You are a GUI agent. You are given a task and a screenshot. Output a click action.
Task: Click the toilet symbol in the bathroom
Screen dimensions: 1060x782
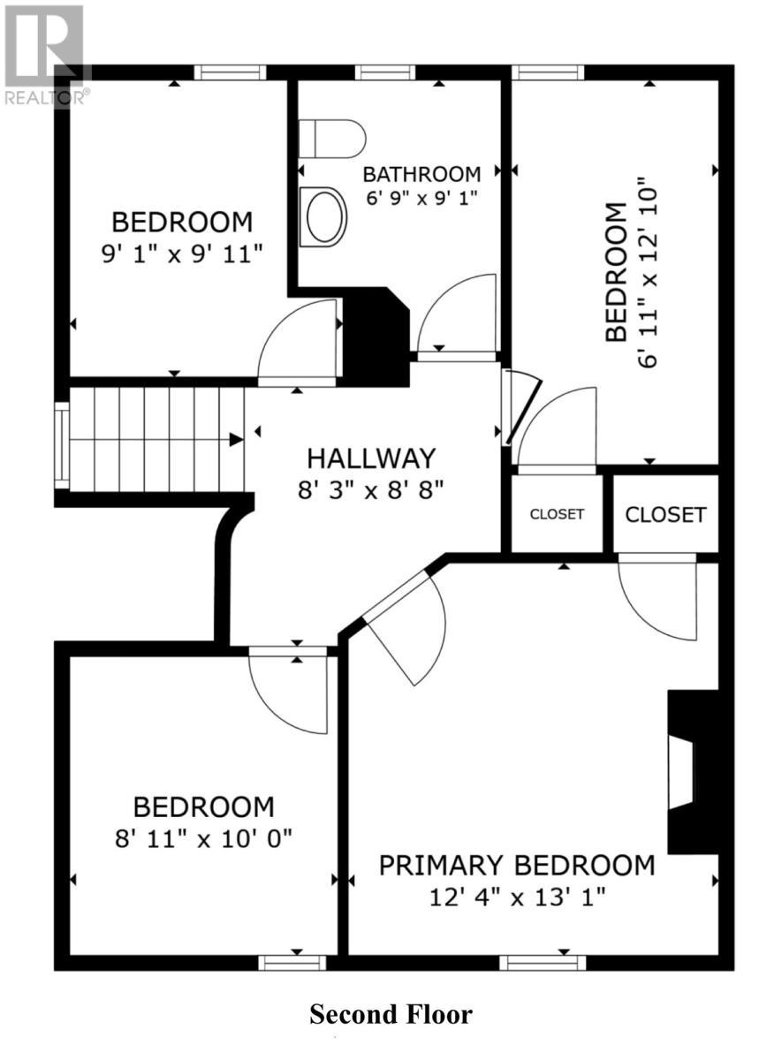click(331, 139)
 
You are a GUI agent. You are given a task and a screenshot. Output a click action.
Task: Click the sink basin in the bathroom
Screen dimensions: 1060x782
click(323, 216)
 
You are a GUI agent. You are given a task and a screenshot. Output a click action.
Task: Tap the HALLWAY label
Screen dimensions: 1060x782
click(371, 458)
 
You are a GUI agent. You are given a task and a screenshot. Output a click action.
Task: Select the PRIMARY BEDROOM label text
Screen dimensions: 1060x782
click(517, 865)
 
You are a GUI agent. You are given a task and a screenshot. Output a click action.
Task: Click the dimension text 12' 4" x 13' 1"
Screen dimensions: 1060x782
click(517, 897)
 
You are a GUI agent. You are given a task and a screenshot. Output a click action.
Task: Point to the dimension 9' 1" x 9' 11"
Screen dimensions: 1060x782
click(181, 254)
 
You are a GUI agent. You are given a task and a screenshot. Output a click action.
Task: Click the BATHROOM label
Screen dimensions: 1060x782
click(421, 174)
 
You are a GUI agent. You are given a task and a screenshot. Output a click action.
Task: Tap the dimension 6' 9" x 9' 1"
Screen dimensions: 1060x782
click(421, 198)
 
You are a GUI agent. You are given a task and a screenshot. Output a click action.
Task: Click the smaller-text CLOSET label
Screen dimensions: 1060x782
click(557, 514)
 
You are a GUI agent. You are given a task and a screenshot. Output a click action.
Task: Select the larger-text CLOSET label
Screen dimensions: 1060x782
click(665, 514)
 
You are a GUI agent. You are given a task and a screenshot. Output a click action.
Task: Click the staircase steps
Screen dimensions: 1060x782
click(150, 439)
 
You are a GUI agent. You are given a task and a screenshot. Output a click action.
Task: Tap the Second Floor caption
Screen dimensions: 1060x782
click(391, 1014)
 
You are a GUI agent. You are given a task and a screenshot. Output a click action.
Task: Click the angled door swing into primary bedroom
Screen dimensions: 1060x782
click(406, 632)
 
